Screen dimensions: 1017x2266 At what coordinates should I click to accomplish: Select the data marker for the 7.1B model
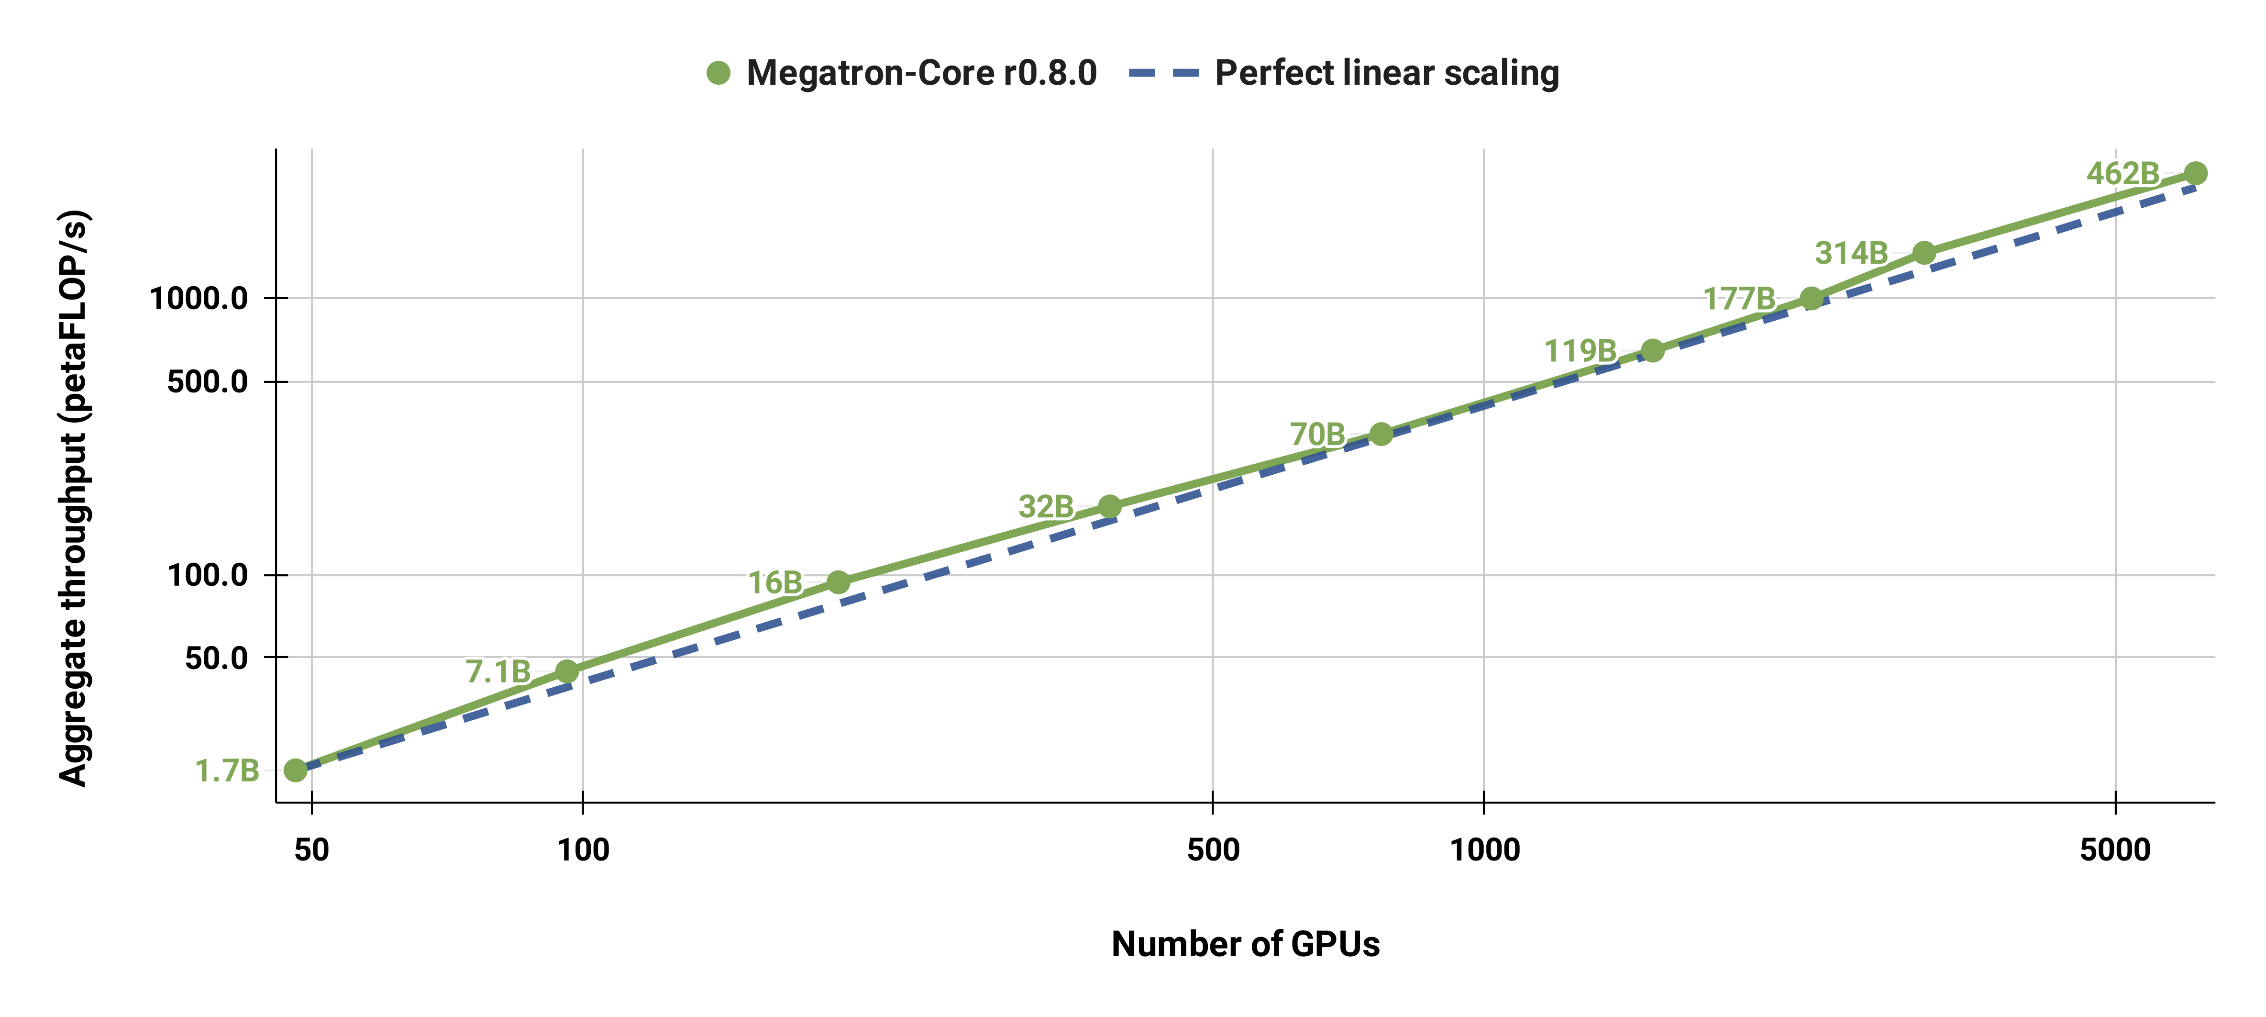[567, 672]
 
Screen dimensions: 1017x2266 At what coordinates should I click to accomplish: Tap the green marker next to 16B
[838, 582]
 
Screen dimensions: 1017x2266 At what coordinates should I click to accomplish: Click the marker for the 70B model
[1381, 434]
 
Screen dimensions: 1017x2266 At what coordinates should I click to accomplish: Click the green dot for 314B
[1924, 253]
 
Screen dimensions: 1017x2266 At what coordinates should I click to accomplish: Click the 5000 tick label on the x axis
[2115, 850]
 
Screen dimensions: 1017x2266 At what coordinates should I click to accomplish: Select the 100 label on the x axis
[583, 850]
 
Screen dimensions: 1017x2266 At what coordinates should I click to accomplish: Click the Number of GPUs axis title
[1245, 944]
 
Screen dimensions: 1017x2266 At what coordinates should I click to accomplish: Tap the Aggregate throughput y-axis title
[74, 498]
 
